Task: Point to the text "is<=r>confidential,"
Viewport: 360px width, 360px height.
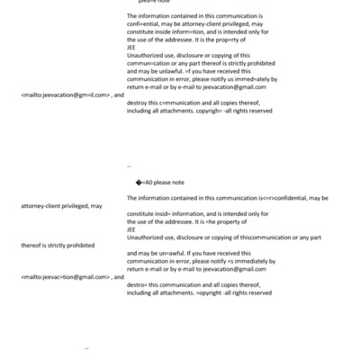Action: click(281, 197)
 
